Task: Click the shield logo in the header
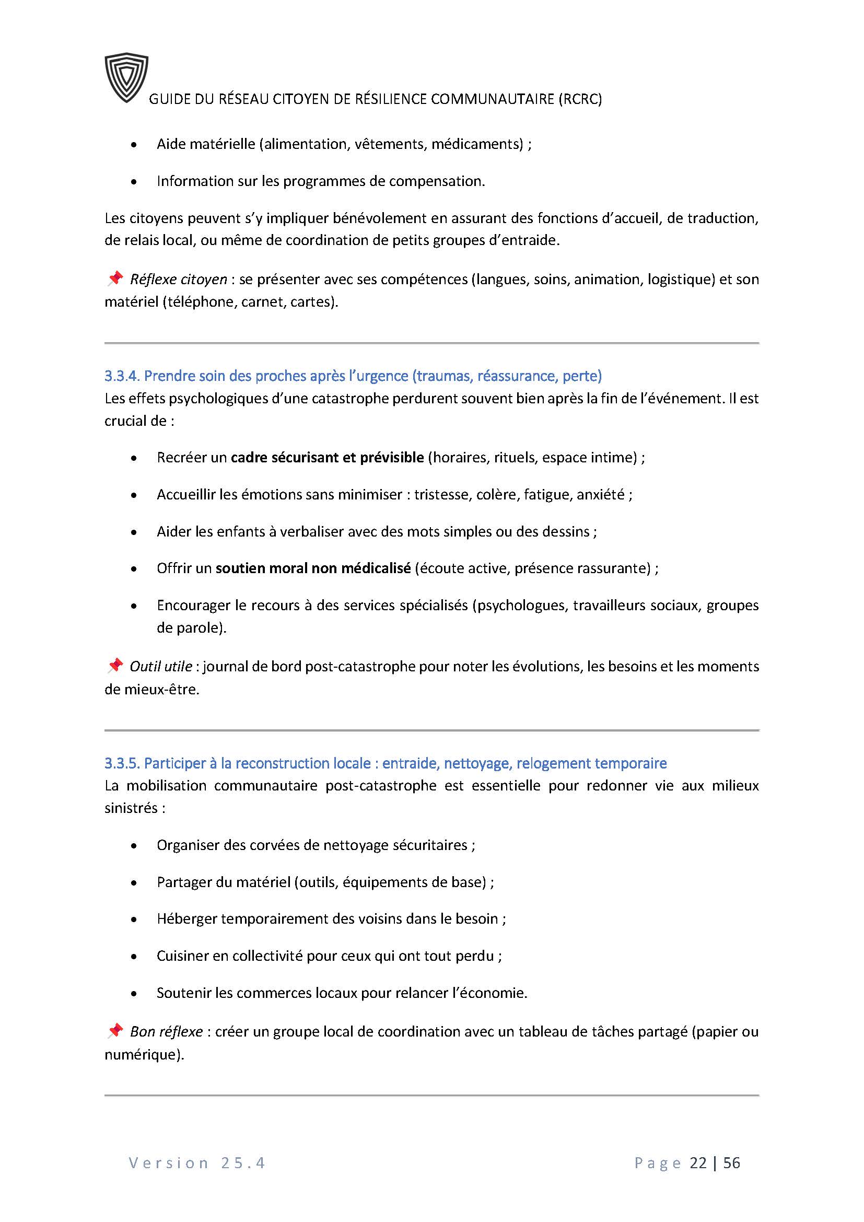[x=126, y=77]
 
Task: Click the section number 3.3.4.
[x=122, y=376]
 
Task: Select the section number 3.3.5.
[x=122, y=763]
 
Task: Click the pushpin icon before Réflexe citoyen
[x=114, y=278]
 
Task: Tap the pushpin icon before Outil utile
[x=114, y=665]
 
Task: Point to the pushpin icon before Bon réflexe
[x=114, y=1031]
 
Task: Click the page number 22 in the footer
[x=698, y=1163]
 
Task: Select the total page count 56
[x=731, y=1163]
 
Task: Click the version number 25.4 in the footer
[x=243, y=1163]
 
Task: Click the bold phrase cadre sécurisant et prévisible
[x=327, y=458]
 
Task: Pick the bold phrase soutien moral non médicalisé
[x=313, y=568]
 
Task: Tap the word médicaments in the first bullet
[x=477, y=144]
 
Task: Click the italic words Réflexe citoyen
[x=178, y=280]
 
